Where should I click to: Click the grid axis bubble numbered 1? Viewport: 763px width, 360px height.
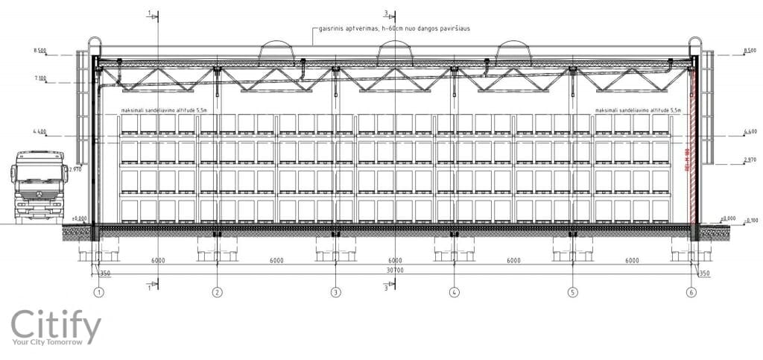tap(98, 293)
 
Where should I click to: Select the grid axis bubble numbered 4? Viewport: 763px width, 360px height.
tap(454, 293)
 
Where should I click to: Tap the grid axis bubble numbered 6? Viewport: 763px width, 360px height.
tap(691, 293)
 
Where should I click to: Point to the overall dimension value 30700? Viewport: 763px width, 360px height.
tap(395, 270)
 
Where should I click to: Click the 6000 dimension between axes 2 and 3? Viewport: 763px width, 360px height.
tap(276, 261)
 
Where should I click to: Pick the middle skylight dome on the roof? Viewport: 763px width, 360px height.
tap(394, 51)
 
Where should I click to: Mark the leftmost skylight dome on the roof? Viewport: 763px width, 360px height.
tap(276, 51)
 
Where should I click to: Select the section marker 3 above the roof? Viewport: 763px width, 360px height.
tap(386, 13)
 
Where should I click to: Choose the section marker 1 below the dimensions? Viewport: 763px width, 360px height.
tap(151, 284)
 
